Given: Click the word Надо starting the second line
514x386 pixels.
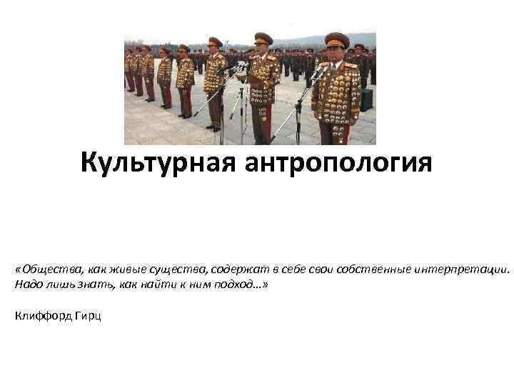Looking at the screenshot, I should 26,284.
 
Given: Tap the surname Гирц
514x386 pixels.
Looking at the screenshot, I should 89,315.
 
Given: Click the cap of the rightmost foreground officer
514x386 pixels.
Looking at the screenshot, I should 336,39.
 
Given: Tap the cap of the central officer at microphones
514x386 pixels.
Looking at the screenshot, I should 263,37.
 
